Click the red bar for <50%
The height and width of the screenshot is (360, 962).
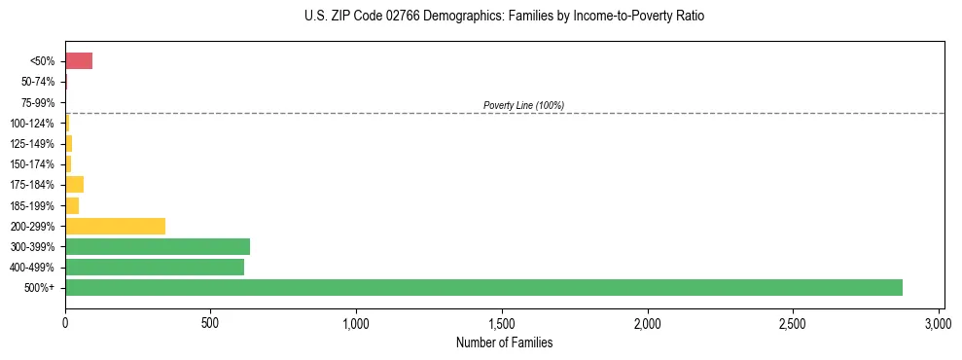pyautogui.click(x=79, y=61)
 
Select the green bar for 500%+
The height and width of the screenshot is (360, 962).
pyautogui.click(x=483, y=287)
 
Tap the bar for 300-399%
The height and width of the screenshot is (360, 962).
pyautogui.click(x=158, y=246)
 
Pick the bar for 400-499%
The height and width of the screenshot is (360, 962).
pyautogui.click(x=155, y=267)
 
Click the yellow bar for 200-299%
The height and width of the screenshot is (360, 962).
pyautogui.click(x=115, y=226)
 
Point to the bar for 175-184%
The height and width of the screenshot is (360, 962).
pyautogui.click(x=74, y=184)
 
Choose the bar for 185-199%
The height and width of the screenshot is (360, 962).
pyautogui.click(x=72, y=205)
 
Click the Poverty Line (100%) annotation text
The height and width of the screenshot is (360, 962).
pyautogui.click(x=523, y=105)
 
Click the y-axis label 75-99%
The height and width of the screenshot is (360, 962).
pyautogui.click(x=38, y=102)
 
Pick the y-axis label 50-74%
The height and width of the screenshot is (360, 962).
pyautogui.click(x=38, y=82)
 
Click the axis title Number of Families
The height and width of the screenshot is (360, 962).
pyautogui.click(x=504, y=342)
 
